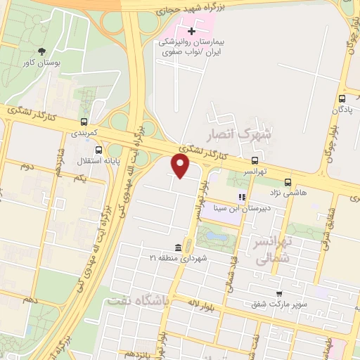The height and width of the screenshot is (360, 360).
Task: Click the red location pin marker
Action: coord(181,166)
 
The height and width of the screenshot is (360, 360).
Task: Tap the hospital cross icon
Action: coord(191,31)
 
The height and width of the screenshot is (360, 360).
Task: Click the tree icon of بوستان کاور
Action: coord(42,51)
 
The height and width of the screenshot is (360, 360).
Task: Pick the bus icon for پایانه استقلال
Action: coord(98,150)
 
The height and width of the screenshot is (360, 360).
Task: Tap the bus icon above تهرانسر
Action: coord(255,160)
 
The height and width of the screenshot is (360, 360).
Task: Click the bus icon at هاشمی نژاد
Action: coord(288,181)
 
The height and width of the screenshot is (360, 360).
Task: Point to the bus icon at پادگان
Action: coord(342,98)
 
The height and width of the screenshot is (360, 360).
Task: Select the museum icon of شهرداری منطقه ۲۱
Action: coord(178,247)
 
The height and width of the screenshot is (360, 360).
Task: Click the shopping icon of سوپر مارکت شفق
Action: coord(279,293)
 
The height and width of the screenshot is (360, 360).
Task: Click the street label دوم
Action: coord(27,166)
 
